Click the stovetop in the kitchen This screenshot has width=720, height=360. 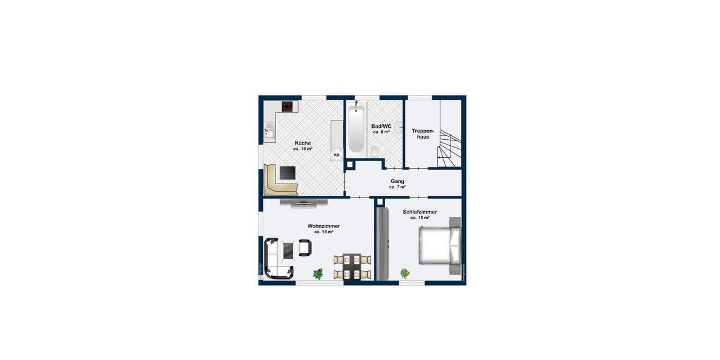pyautogui.click(x=287, y=107)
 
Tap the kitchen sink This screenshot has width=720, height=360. pyautogui.click(x=269, y=133)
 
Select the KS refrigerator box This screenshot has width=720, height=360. pyautogui.click(x=337, y=155)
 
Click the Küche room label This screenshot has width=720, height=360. pyautogui.click(x=303, y=143)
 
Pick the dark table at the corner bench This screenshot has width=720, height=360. pyautogui.click(x=288, y=173)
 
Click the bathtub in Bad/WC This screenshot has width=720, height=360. pyautogui.click(x=356, y=128)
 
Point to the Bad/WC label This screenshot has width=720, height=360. pyautogui.click(x=382, y=126)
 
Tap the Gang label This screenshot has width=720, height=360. pyautogui.click(x=397, y=181)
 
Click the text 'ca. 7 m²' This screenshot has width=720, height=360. pyautogui.click(x=397, y=187)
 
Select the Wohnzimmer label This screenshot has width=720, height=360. pyautogui.click(x=323, y=226)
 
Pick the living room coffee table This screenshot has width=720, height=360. pyautogui.click(x=289, y=248)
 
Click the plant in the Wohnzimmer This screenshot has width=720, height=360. pyautogui.click(x=318, y=274)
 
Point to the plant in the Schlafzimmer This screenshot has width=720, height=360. pyautogui.click(x=406, y=274)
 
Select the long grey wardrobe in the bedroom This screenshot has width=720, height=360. pyautogui.click(x=382, y=243)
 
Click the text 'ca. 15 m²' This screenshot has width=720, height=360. pyautogui.click(x=420, y=218)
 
